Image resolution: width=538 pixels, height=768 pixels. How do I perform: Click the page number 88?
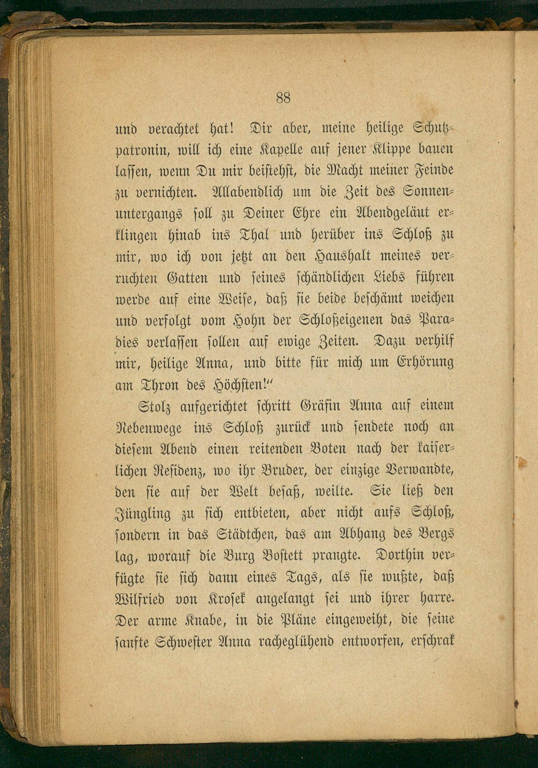click(x=283, y=98)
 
